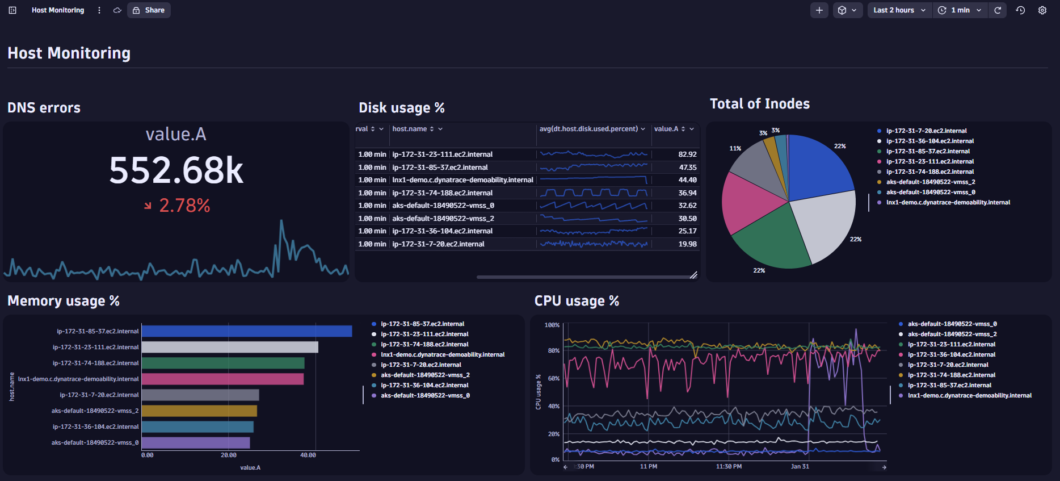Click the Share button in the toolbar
pos(149,10)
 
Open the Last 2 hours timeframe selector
pos(899,10)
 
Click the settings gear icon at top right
pos(1042,10)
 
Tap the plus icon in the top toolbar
pos(819,10)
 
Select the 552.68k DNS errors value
pos(176,170)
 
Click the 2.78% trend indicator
pos(184,206)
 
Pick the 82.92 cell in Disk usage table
pos(687,154)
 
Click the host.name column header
pos(410,129)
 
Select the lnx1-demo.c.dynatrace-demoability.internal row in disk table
pos(462,180)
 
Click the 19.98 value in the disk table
pos(687,244)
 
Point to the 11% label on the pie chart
pos(735,148)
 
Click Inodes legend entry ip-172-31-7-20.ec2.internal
pos(926,131)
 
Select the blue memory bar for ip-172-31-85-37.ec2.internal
pos(247,331)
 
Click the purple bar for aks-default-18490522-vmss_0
pos(196,442)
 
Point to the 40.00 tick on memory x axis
pos(308,455)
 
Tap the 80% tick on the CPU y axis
pos(553,351)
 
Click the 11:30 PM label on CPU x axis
pos(729,467)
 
